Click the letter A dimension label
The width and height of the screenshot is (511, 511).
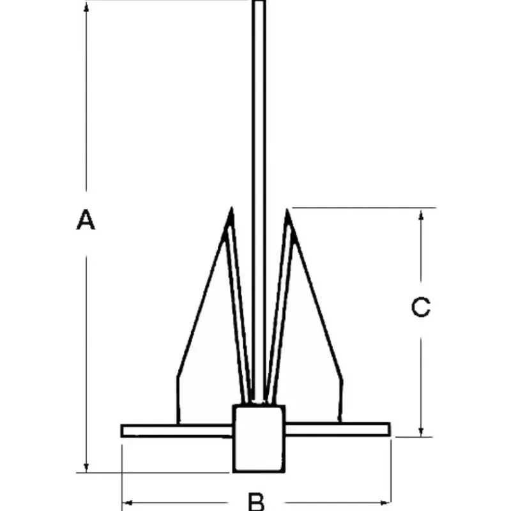(86, 220)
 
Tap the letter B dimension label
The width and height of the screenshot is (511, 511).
(257, 502)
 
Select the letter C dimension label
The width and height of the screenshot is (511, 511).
(421, 307)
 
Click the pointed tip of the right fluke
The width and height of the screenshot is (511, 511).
(287, 210)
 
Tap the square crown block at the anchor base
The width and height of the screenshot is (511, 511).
(259, 438)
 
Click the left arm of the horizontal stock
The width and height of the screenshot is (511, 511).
(177, 431)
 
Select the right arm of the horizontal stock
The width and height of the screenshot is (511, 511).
(338, 429)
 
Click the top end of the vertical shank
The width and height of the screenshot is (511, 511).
(259, 1)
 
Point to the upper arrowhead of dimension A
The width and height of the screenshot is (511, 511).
(86, 7)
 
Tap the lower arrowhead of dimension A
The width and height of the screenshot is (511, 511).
(86, 468)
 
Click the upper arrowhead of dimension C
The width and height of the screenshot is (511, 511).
(421, 215)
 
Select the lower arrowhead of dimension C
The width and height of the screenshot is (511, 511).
(421, 432)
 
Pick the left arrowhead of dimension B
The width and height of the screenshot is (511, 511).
(128, 503)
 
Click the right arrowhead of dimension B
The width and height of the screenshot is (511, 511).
(386, 503)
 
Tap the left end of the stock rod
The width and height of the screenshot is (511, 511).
(121, 431)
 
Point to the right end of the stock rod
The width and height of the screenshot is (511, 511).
(390, 429)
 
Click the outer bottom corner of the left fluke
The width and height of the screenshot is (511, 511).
(178, 423)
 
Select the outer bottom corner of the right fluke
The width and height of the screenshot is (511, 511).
(339, 422)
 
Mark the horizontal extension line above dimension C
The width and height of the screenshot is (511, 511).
(364, 207)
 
